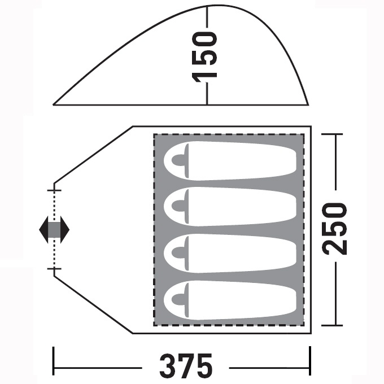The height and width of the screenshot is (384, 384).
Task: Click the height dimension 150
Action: point(205,57)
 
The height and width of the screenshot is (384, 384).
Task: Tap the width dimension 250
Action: point(334,229)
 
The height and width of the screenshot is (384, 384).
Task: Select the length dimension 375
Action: point(186,366)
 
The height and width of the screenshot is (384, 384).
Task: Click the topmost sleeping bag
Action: point(230,161)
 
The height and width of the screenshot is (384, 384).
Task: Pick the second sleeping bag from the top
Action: point(230,207)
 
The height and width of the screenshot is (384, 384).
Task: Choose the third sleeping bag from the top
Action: point(230,253)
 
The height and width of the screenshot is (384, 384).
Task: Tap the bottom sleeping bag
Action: point(230,300)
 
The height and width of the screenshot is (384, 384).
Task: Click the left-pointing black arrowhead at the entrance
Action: point(43,229)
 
